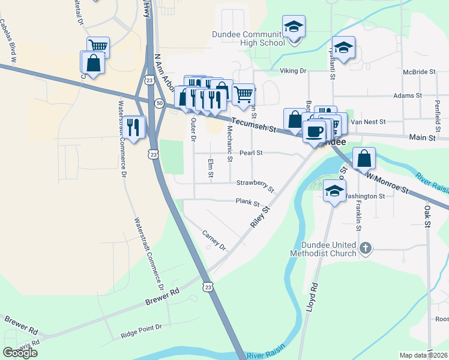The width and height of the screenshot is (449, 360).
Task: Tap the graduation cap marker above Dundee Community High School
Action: (294, 27)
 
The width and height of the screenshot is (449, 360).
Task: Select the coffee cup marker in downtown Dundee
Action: (313, 130)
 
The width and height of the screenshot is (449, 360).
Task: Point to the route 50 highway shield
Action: (159, 103)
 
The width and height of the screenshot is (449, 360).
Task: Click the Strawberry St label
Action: (255, 185)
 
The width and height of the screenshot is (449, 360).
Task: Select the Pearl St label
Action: (251, 153)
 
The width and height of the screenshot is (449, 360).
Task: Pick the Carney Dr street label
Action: (213, 240)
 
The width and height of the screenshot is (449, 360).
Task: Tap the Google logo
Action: (20, 353)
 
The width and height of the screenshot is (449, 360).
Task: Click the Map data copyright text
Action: (423, 355)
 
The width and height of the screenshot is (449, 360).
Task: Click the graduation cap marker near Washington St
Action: (334, 191)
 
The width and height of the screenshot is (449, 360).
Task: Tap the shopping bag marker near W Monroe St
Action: (364, 159)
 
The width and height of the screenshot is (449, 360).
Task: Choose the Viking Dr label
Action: (293, 71)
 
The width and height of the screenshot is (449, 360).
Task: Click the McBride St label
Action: (420, 72)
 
